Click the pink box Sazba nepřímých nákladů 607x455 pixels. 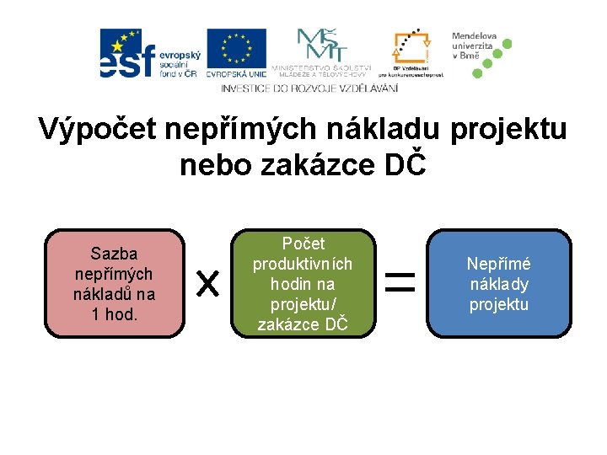click(115, 283)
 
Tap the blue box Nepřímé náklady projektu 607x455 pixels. click(497, 283)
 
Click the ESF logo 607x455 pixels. click(148, 53)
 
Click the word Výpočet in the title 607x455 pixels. click(95, 131)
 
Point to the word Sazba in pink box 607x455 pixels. click(115, 254)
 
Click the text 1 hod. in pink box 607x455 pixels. click(115, 314)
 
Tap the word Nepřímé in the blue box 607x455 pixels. click(498, 264)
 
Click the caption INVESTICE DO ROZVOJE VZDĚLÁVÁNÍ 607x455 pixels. click(309, 88)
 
